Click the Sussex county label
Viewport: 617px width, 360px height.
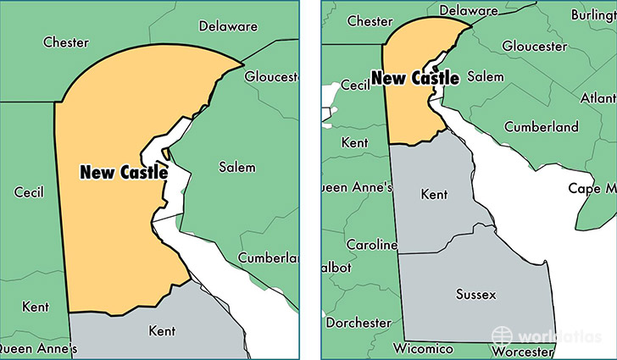tap(476, 294)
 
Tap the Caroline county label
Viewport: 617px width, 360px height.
tap(371, 245)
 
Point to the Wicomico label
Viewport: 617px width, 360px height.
tap(423, 347)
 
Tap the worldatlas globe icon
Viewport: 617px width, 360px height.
tap(503, 335)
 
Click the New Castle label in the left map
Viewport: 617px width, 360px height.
tap(124, 171)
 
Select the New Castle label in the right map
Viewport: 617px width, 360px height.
tap(415, 79)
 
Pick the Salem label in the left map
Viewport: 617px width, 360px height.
tap(236, 167)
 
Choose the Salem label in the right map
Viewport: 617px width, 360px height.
tap(484, 76)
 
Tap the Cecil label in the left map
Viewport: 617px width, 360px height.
tap(29, 192)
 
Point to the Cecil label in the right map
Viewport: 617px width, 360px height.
tap(356, 85)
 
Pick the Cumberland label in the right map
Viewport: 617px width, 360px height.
tap(542, 127)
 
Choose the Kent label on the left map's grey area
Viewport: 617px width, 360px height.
tap(161, 330)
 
